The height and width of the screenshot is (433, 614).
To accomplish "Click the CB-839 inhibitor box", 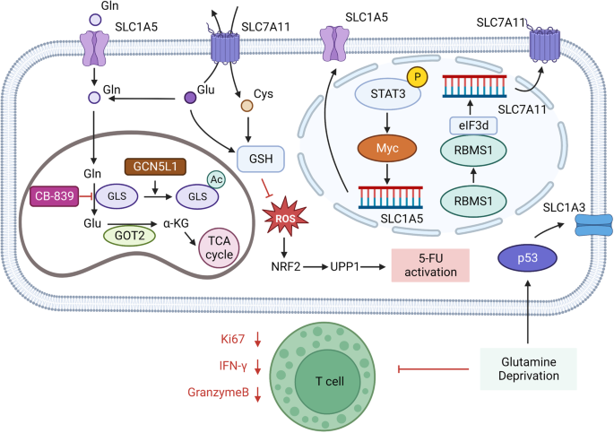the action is (54, 196).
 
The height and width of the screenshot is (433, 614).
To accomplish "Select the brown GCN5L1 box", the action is (155, 167).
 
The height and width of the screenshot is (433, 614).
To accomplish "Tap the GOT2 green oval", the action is (129, 235).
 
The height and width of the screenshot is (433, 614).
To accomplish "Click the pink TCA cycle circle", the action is (219, 247).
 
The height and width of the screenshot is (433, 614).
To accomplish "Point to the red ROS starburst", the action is (285, 217).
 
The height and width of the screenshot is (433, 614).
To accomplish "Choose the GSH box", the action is (261, 159).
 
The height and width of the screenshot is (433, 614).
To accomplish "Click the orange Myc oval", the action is (387, 149).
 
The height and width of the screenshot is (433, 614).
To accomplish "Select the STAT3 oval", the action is (387, 94).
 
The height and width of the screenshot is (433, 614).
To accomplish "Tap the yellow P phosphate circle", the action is (418, 76).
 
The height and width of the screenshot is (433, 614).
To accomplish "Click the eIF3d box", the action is (473, 126).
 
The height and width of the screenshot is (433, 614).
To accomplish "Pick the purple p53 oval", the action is (527, 258).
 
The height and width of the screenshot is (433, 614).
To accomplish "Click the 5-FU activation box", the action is (430, 265).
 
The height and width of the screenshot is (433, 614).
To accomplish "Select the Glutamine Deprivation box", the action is (529, 368).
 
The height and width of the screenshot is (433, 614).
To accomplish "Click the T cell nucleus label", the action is (329, 380).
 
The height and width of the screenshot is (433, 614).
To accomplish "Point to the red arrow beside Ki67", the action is (257, 339).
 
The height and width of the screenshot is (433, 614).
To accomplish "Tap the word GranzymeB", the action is (218, 392).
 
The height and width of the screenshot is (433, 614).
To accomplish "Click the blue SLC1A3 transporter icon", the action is (593, 225).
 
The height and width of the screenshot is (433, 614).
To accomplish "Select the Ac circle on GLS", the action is (216, 179).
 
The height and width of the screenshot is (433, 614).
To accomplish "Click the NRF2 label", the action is (286, 266).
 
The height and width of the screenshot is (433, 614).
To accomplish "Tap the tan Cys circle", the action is (246, 105).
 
